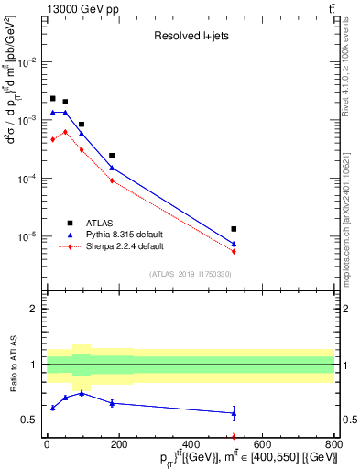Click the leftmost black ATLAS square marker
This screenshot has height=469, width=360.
pyautogui.click(x=53, y=98)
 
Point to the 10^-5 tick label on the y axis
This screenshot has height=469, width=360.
pyautogui.click(x=28, y=236)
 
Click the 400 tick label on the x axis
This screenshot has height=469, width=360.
pyautogui.click(x=191, y=444)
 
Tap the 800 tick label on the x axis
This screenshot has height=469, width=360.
pyautogui.click(x=334, y=444)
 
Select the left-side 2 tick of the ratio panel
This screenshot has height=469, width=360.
pyautogui.click(x=33, y=309)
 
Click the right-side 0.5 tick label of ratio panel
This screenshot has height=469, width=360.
pyautogui.click(x=349, y=420)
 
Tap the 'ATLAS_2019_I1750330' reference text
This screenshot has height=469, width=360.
pyautogui.click(x=190, y=274)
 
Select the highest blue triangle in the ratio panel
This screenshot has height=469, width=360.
pyautogui.click(x=82, y=393)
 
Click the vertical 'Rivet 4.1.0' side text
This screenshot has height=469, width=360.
pyautogui.click(x=351, y=55)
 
